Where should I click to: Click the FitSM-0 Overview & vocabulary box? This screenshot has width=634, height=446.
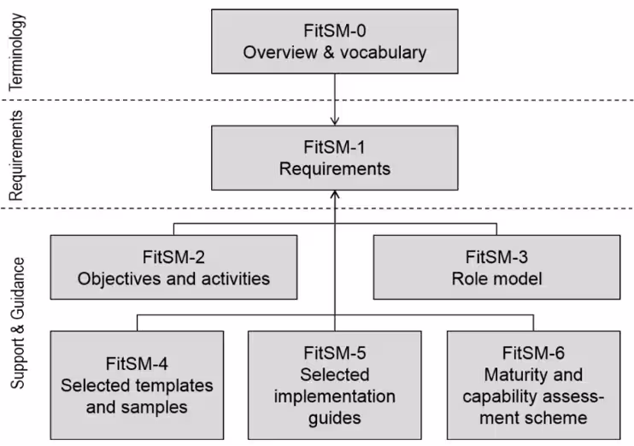coord(334,41)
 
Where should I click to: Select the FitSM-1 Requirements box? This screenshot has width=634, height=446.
coord(334,157)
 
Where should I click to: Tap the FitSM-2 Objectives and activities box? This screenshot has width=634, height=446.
coord(173,267)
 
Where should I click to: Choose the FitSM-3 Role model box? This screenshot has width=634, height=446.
coord(496,267)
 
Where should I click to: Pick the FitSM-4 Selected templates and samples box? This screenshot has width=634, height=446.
coord(137,384)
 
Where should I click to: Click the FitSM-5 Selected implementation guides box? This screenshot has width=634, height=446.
coord(334,384)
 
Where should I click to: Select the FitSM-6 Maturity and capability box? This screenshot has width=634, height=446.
coord(533,384)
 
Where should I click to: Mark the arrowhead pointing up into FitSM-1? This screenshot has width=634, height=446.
coord(335,197)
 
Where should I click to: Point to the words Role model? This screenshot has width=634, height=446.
coord(496,278)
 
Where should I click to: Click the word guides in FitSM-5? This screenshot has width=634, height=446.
coord(335,418)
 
